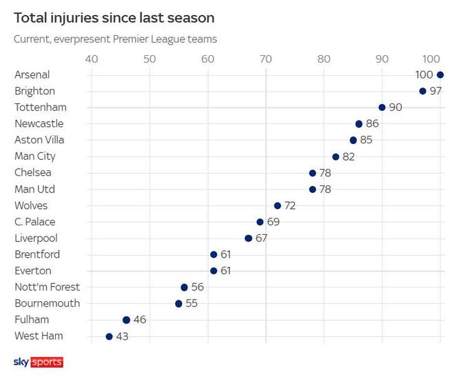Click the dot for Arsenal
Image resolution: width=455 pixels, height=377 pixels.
point(441,74)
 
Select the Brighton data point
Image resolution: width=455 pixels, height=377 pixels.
point(423,91)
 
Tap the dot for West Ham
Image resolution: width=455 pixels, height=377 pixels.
point(109,336)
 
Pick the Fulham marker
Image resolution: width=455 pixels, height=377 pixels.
point(126,320)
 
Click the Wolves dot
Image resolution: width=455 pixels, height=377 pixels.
point(277,205)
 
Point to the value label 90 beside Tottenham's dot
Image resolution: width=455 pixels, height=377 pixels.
point(396,108)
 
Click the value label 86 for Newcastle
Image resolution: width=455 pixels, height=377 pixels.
point(372,124)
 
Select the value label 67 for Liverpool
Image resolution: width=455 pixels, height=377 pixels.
point(261,238)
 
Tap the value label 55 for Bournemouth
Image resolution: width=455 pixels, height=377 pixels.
point(191,303)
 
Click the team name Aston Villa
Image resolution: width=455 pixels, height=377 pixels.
point(39,140)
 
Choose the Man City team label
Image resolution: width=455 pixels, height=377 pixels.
point(35,156)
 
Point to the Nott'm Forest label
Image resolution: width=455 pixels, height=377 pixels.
point(47,287)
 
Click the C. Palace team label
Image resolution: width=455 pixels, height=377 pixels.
point(34,222)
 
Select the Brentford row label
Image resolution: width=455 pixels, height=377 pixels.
point(37,254)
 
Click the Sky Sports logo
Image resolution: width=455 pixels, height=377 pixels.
point(38,362)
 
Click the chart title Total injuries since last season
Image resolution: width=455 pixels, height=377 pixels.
point(114,17)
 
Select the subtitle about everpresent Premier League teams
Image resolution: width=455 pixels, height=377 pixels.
point(115,39)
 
